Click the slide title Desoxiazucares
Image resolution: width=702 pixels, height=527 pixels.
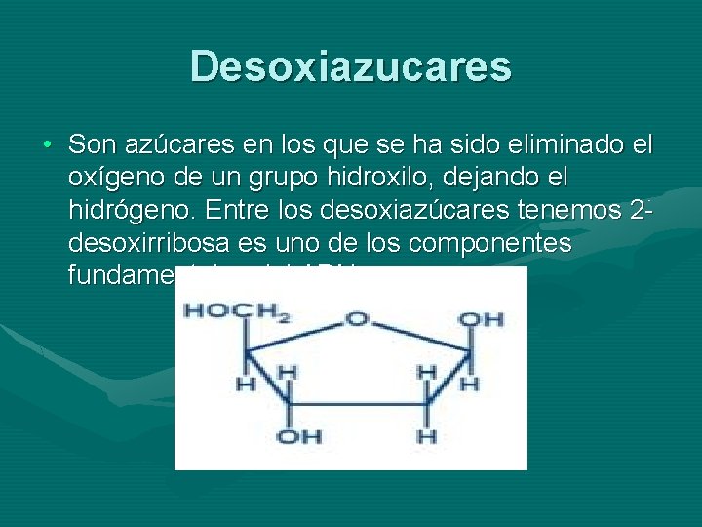pos(351,66)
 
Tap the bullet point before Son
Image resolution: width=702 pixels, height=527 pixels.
pos(47,146)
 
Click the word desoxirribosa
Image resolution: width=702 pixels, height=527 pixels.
pos(143,243)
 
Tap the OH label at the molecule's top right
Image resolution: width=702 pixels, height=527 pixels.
pos(481,319)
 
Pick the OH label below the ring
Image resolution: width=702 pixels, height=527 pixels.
pos(299,436)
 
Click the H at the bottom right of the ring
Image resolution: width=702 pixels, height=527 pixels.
pos(426,435)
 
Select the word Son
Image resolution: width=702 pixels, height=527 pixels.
pos(91,145)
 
